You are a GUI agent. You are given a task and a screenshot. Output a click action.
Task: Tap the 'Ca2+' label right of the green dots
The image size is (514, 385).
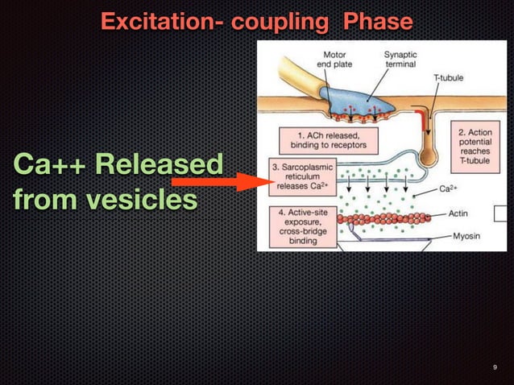click(449, 189)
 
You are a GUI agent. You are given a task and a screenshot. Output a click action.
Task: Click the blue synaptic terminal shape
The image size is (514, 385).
click(354, 101)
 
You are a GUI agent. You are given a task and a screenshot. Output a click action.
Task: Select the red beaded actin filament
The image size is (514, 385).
click(387, 217)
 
